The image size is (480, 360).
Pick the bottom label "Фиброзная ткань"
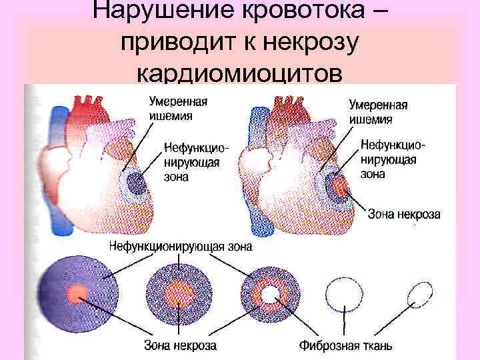click(346, 345)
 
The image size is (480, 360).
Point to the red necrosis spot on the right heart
click(340, 186)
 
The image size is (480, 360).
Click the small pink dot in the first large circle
click(77, 292)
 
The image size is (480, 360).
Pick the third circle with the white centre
click(270, 293)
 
